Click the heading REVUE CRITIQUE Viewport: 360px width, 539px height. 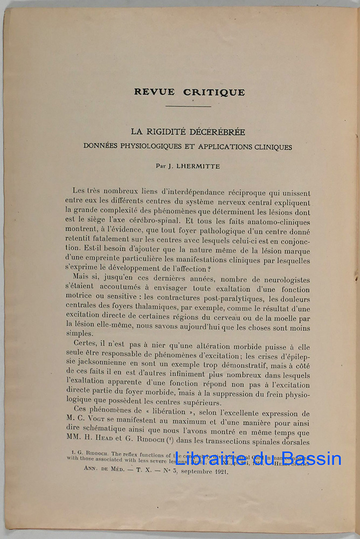(189, 92)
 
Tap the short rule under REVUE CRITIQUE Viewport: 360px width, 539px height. (188, 106)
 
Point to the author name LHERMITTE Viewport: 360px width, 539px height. (198, 167)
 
